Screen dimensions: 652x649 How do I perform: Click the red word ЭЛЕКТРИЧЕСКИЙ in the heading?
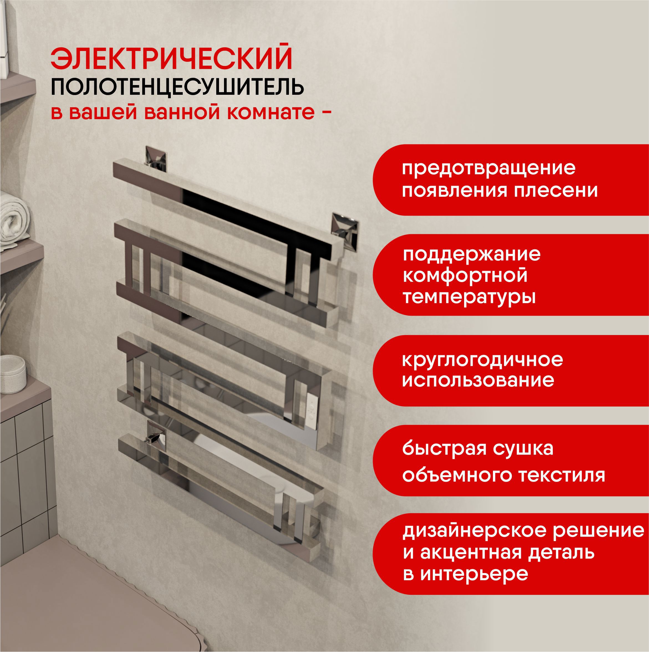172,59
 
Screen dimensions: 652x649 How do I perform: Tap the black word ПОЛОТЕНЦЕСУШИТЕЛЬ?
177,87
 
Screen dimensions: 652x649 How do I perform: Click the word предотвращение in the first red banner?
488,168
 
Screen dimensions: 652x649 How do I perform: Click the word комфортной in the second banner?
465,276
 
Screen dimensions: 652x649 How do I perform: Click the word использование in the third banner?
478,381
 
